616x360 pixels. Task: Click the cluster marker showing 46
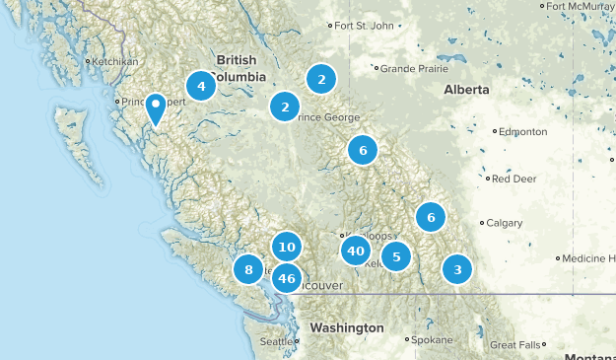click(x=287, y=278)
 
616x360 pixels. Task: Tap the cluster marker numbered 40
click(x=355, y=252)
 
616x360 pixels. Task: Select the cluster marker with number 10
click(x=287, y=248)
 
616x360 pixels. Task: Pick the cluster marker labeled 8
click(x=248, y=269)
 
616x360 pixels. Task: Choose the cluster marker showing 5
click(x=395, y=257)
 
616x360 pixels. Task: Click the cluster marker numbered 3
click(x=456, y=269)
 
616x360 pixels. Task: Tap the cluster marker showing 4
click(x=201, y=86)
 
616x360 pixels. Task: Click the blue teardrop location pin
click(x=156, y=108)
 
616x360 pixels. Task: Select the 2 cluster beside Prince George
click(x=285, y=107)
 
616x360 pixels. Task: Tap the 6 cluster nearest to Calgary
click(x=431, y=217)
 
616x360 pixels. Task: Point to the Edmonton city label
click(x=522, y=131)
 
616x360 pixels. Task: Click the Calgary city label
click(x=504, y=223)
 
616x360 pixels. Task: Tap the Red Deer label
click(x=513, y=179)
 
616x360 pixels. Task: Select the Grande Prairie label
click(x=411, y=69)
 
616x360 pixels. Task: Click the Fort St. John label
click(x=365, y=26)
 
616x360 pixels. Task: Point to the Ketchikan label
click(x=114, y=61)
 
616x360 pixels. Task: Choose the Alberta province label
click(x=466, y=90)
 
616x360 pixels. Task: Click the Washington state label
click(x=346, y=326)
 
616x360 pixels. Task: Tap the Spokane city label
click(x=432, y=339)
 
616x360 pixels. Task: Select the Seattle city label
click(x=276, y=341)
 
